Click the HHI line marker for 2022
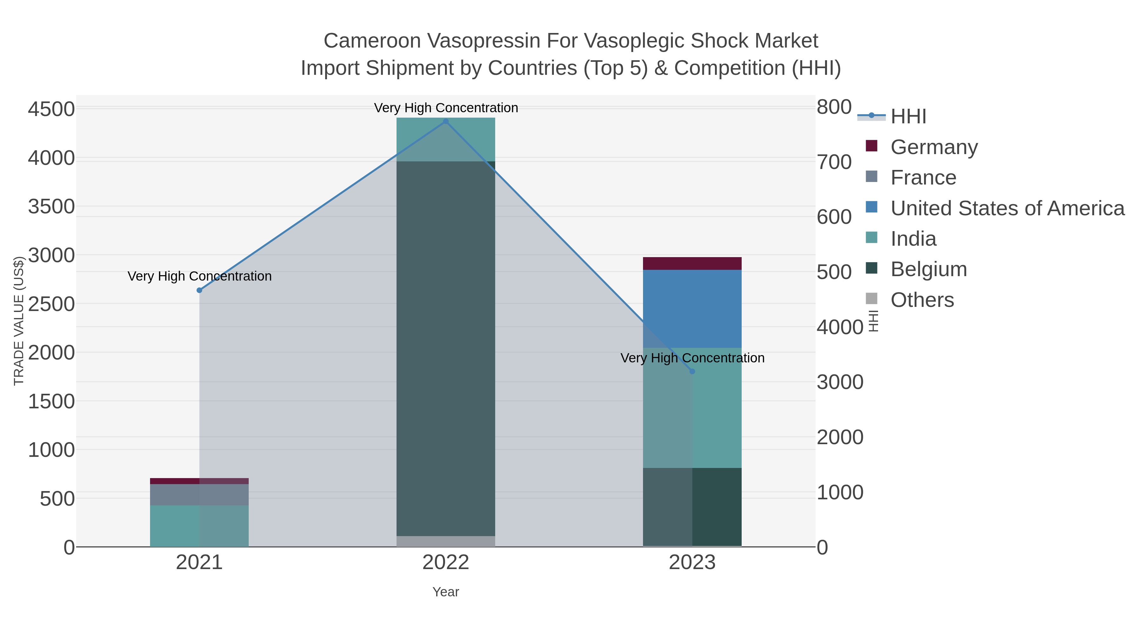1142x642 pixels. click(446, 121)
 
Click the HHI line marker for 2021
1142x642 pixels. click(200, 290)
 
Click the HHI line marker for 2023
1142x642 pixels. click(692, 371)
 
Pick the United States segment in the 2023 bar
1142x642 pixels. click(692, 309)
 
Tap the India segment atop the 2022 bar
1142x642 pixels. click(446, 139)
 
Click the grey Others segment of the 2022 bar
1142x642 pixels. click(446, 541)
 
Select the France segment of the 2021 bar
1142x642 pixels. click(200, 495)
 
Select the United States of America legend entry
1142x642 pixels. click(1007, 208)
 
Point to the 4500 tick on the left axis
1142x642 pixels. click(51, 109)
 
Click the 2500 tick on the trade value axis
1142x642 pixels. click(51, 304)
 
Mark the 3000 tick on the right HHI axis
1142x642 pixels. click(840, 382)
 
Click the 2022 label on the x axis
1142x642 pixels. click(446, 563)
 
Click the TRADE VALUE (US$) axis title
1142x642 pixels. click(19, 321)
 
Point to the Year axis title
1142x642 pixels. click(446, 592)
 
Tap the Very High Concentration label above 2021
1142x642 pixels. click(200, 276)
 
